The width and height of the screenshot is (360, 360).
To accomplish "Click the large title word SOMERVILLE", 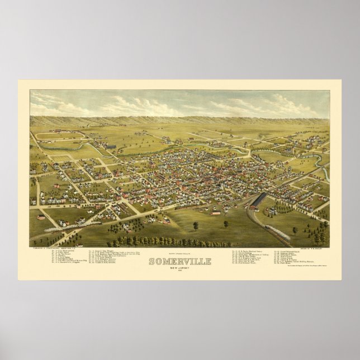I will click(179, 262).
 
